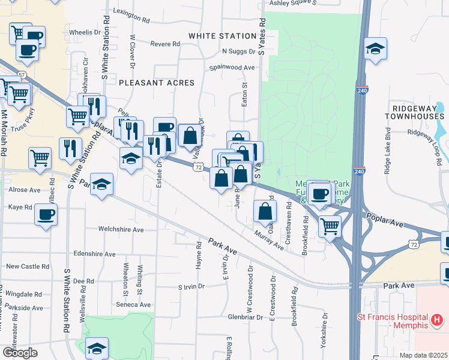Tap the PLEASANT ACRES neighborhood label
coord(156,83)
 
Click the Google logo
coord(19,353)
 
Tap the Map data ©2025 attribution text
coord(424,355)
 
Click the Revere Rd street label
coord(165,44)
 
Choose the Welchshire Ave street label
coord(121,229)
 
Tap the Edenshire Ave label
coord(94,254)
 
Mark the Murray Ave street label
coord(268,239)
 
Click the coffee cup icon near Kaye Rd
coord(46,214)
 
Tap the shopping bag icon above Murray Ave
coord(265,211)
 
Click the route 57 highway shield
coord(22,74)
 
